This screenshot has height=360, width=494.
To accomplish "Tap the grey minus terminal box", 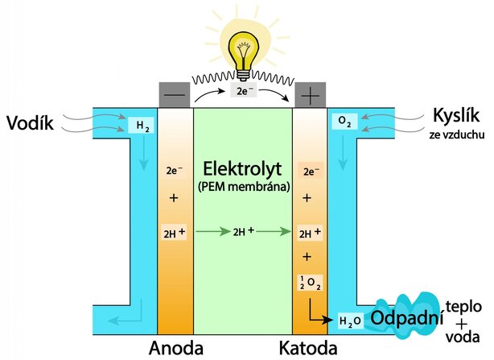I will [x=175, y=93].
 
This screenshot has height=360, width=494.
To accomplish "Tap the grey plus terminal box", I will [x=309, y=93].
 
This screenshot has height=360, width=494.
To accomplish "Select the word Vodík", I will [x=31, y=123].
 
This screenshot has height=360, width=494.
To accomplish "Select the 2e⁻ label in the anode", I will [x=174, y=171].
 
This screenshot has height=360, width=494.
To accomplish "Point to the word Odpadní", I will [x=409, y=318].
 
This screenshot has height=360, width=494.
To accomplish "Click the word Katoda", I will [x=307, y=349].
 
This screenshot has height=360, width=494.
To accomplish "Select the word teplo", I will [x=467, y=307].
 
